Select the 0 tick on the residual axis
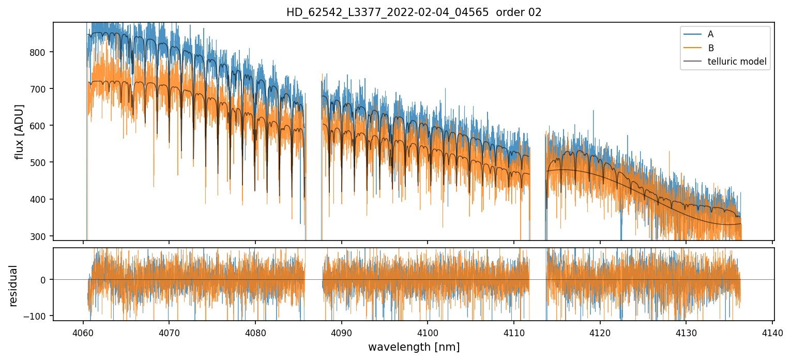click(44, 280)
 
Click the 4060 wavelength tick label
click(83, 332)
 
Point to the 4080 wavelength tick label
click(255, 332)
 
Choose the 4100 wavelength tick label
click(428, 332)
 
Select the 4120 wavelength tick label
click(600, 332)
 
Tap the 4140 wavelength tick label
click(772, 332)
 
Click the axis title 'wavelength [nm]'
click(414, 347)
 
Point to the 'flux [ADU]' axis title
click(20, 131)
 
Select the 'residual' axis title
click(13, 286)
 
